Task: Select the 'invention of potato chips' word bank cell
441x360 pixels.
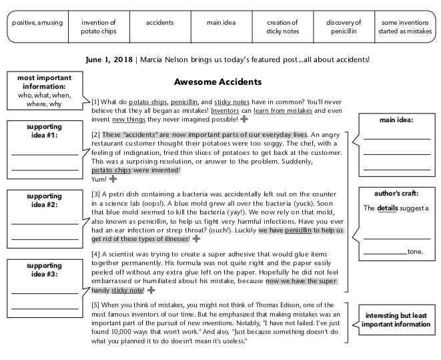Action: (98, 27)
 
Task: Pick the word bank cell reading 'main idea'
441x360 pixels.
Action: (221, 23)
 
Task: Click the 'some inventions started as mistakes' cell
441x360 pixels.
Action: (405, 27)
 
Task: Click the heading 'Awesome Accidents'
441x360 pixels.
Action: (217, 82)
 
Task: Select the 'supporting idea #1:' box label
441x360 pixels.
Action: (44, 131)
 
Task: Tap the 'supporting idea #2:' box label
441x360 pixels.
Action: (44, 200)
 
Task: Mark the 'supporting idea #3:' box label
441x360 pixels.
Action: (44, 270)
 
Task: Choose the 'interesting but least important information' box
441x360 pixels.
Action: (396, 320)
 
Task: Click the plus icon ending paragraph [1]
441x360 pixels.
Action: (244, 119)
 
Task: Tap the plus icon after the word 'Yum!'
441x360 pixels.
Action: (112, 179)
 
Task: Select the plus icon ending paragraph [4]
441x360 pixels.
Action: (151, 291)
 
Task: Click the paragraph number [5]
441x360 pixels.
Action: (95, 305)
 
